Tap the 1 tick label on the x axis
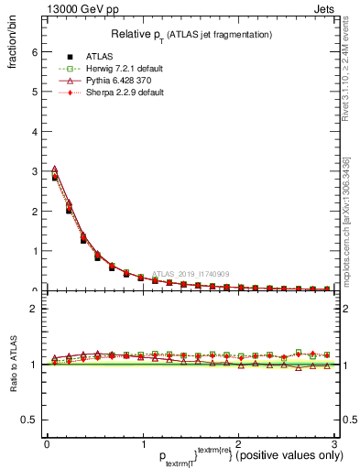pyautogui.click(x=142, y=443)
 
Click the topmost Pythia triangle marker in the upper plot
pyautogui.click(x=54, y=169)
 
